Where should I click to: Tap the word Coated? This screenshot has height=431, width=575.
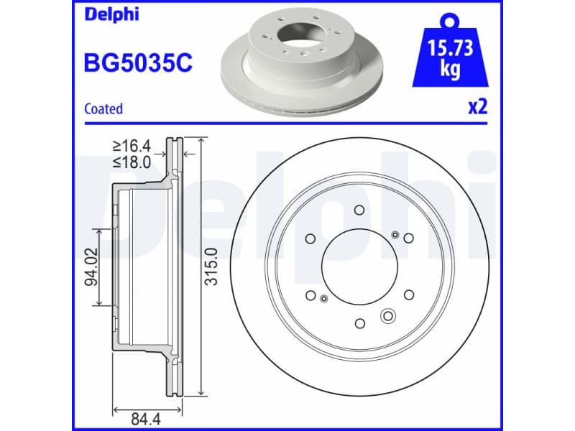(x=103, y=109)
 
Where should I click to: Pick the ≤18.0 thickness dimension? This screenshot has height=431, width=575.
(x=132, y=162)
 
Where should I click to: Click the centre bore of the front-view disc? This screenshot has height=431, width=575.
(x=359, y=267)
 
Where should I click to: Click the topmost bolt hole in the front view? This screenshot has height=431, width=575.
(x=359, y=210)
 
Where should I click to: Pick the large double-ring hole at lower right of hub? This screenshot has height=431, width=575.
(x=388, y=315)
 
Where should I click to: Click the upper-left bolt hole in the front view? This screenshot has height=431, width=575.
(x=310, y=238)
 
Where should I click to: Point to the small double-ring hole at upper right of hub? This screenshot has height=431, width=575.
(x=395, y=235)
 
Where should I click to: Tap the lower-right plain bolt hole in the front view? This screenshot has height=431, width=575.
(x=408, y=295)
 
